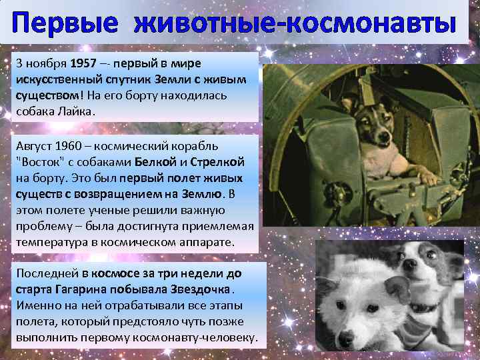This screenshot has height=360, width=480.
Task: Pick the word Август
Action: (x=33, y=145)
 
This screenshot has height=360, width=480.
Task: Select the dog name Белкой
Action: (x=159, y=161)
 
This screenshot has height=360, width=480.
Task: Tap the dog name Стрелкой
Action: (x=219, y=161)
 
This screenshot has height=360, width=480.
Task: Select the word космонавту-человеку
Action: (x=199, y=338)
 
